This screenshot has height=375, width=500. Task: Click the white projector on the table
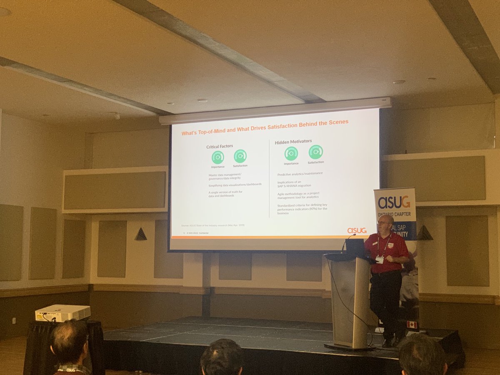click(x=62, y=313)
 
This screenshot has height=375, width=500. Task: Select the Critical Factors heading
click(x=220, y=146)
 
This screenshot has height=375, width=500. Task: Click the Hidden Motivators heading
click(x=293, y=142)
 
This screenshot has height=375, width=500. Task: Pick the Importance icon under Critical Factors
click(x=217, y=157)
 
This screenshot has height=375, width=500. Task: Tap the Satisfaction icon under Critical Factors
click(x=240, y=156)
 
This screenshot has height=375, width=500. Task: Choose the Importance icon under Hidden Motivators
click(x=291, y=153)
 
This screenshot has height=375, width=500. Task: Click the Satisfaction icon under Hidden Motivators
click(x=316, y=152)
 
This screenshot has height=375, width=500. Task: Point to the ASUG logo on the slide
click(x=357, y=230)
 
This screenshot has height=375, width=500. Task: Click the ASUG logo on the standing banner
click(x=394, y=202)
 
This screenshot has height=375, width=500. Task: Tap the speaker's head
click(x=386, y=223)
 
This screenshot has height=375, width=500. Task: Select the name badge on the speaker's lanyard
click(x=380, y=260)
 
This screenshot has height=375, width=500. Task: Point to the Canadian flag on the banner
click(x=412, y=325)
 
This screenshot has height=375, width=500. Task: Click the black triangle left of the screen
click(x=141, y=235)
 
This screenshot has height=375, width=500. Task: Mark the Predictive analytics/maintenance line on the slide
click(x=300, y=173)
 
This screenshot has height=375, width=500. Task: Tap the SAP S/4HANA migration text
click(x=294, y=185)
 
